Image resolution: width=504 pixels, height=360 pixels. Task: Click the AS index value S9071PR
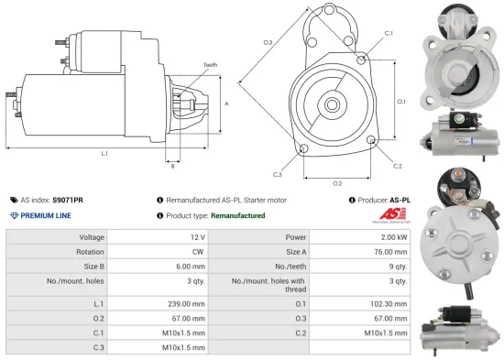pyautogui.click(x=68, y=199)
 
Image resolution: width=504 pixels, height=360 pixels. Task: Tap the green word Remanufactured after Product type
pyautogui.click(x=237, y=215)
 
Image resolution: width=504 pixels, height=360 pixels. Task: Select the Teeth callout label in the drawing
pyautogui.click(x=211, y=65)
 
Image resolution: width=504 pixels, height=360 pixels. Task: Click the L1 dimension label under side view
pyautogui.click(x=104, y=152)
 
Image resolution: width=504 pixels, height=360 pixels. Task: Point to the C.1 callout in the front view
pyautogui.click(x=389, y=34)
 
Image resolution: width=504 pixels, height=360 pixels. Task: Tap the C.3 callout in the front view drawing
pyautogui.click(x=277, y=173)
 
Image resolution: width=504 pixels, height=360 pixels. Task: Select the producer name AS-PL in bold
pyautogui.click(x=400, y=199)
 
